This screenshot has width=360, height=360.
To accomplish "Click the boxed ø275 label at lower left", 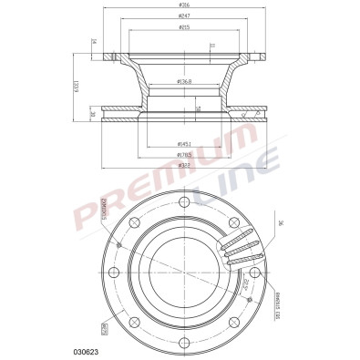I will point(105,327).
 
